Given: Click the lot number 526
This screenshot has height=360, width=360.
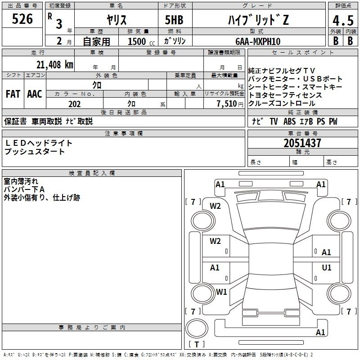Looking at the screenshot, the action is tap(22, 19).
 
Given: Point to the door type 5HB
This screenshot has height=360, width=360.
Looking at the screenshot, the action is tap(174, 20).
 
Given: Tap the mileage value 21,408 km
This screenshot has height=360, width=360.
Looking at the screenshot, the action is tap(54, 64).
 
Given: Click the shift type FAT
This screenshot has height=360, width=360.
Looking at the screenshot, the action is tap(13, 94).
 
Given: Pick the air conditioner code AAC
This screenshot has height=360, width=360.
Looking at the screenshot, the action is tap(35, 94).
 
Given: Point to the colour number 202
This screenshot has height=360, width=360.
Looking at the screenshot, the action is tap(74, 104).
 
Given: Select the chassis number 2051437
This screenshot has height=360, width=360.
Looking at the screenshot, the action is tap(302, 144).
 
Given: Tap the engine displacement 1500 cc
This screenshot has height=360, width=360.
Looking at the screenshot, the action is tap(140, 41).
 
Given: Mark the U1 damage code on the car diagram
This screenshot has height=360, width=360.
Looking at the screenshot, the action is tap(327, 268).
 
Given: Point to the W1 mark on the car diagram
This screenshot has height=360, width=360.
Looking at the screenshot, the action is tap(221, 292).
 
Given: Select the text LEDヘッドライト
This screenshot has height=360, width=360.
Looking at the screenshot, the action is tap(38, 143).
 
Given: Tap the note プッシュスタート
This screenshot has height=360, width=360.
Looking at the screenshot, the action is tap(35, 152).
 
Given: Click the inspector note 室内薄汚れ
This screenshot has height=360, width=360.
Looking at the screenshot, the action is tap(22, 181).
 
